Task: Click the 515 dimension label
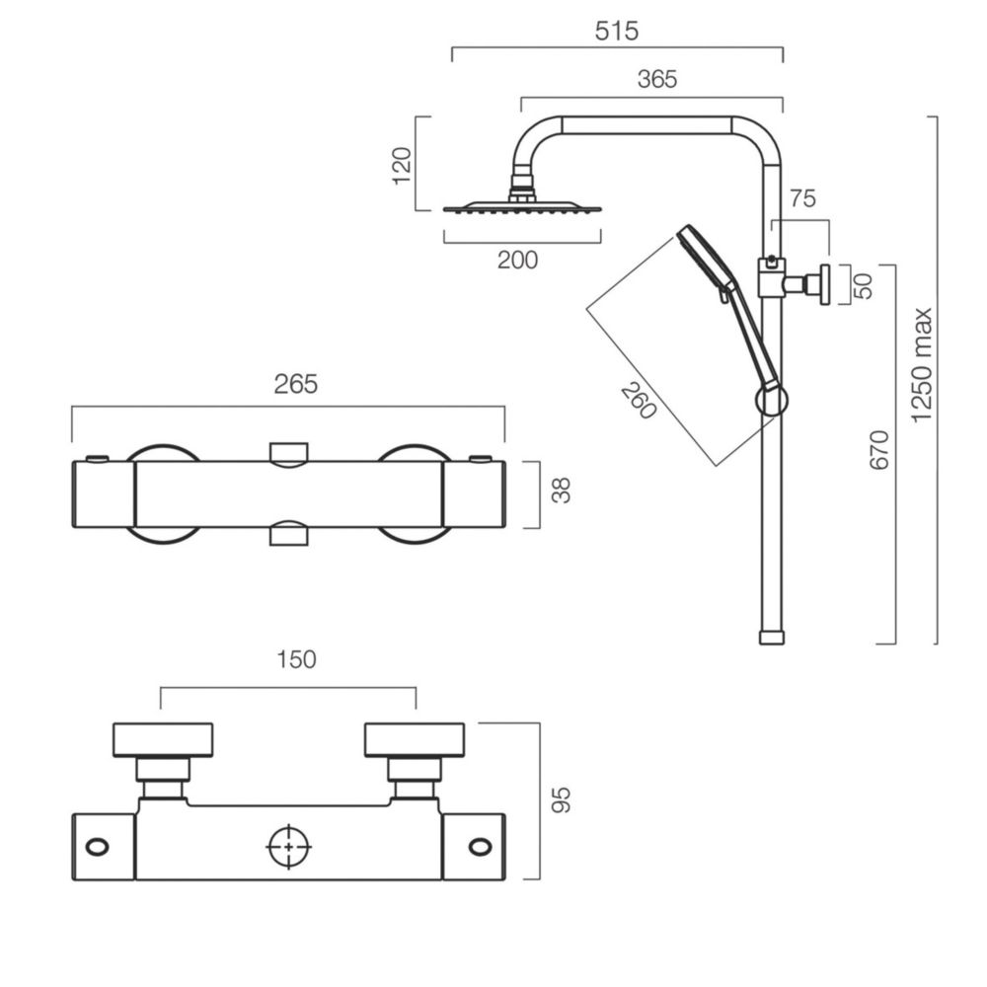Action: tap(616, 31)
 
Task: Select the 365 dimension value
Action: tap(657, 80)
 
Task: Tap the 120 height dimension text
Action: tap(402, 166)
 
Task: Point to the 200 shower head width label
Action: tap(517, 260)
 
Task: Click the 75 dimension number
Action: tap(802, 199)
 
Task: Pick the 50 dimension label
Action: tap(865, 286)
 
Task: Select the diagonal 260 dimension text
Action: tap(639, 402)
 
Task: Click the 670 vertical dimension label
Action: tap(878, 449)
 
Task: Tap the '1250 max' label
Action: tap(922, 366)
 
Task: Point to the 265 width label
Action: tap(295, 384)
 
